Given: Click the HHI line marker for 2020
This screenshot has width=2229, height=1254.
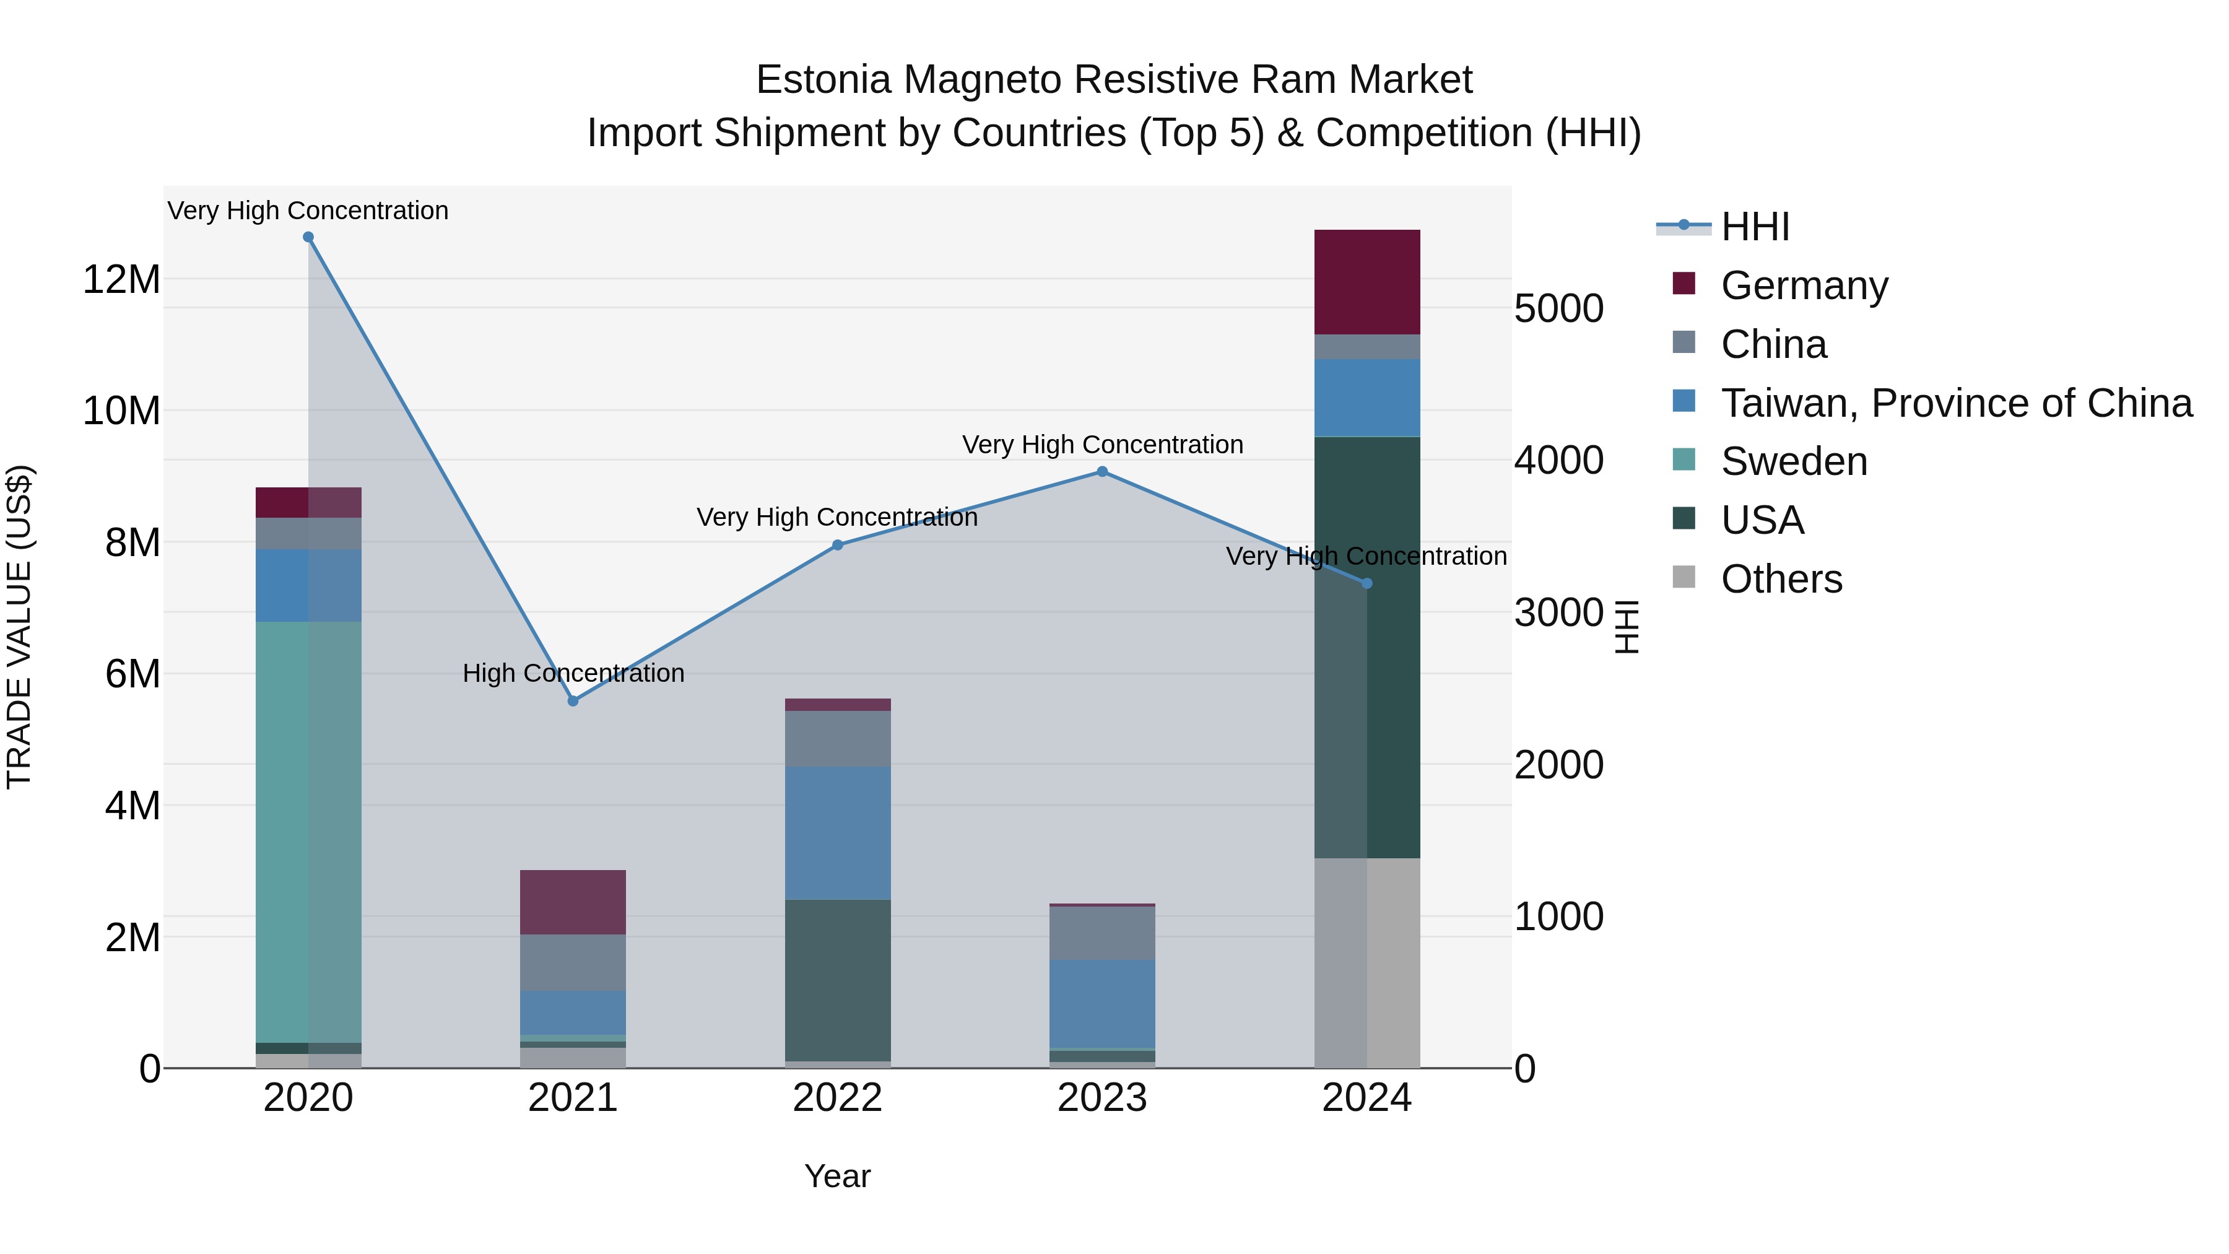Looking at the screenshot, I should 308,237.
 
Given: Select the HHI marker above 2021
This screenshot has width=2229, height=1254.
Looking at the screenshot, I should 573,701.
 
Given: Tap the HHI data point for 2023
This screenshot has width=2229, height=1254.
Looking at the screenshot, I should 1101,472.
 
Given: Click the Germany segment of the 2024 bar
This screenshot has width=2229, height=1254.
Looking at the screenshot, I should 1367,282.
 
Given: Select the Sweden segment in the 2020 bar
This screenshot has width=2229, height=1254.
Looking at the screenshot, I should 308,831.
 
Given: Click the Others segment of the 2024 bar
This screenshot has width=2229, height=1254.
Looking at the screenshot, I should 1367,962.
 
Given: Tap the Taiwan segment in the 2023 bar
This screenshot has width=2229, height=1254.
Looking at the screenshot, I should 1101,1003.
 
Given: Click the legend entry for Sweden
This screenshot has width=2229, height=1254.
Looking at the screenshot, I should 1793,461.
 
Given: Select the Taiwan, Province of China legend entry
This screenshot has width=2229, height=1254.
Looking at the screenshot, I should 1955,403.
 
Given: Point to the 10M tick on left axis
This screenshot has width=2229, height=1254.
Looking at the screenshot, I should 121,410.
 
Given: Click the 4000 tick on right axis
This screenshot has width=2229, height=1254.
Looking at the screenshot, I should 1558,460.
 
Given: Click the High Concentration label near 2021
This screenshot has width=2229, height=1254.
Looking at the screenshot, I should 573,673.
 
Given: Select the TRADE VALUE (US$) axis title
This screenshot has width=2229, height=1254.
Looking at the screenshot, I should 19,627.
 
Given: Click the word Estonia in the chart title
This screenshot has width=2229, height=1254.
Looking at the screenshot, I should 823,80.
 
